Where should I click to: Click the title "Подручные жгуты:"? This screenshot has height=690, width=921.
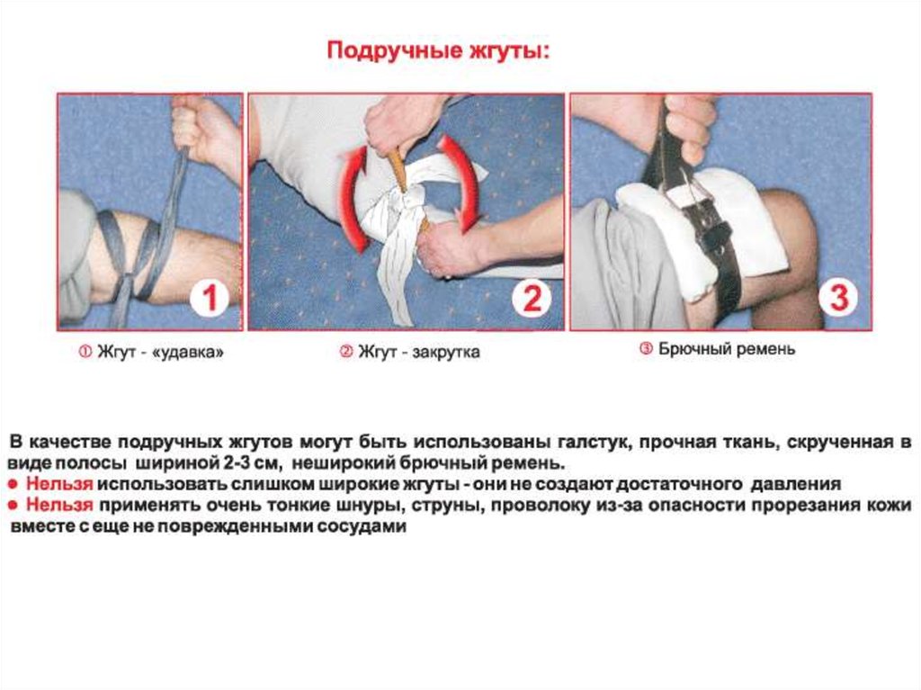point(439,50)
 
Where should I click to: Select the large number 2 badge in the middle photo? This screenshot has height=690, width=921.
point(532,299)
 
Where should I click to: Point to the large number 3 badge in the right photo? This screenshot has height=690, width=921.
point(839,297)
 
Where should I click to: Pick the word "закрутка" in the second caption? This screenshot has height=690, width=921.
point(445,352)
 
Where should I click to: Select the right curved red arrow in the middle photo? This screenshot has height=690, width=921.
point(464,183)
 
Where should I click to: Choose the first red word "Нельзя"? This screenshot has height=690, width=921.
point(60,484)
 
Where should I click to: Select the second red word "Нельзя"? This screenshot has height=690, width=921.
point(60,505)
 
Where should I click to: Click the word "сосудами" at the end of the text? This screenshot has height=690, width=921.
point(362,526)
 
